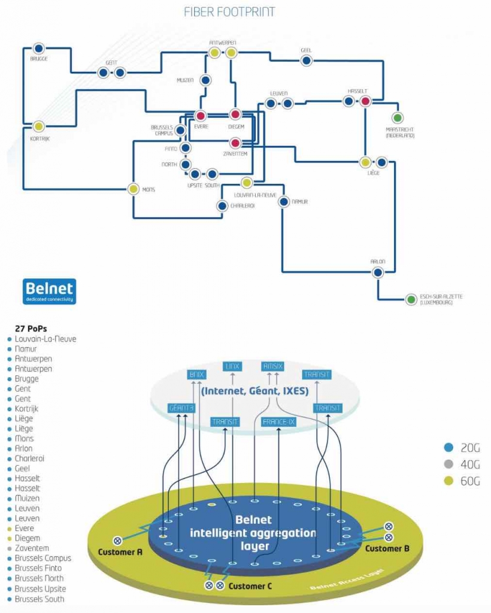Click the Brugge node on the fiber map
[x=38, y=48]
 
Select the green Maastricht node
[x=397, y=117]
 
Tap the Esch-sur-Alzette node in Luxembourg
[x=411, y=299]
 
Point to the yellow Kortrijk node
[x=38, y=126]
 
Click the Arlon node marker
[x=377, y=272]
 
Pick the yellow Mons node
[x=134, y=189]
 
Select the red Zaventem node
[x=235, y=142]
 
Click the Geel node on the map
[x=306, y=60]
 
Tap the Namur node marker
[x=283, y=202]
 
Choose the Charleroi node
[x=222, y=206]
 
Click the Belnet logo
[x=49, y=291]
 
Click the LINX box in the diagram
[x=232, y=366]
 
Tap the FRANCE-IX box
[x=280, y=422]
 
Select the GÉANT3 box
[x=181, y=408]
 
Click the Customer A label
[x=120, y=552]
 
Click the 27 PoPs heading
[x=31, y=329]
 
